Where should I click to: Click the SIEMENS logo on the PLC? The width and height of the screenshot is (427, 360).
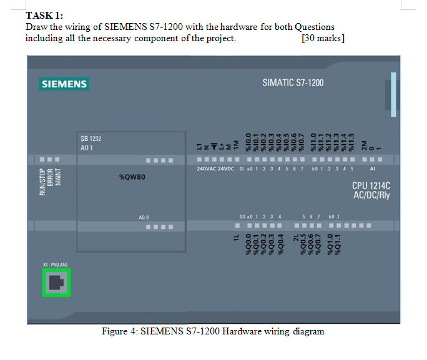click(x=64, y=84)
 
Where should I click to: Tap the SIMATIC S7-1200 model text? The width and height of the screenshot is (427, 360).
click(x=293, y=83)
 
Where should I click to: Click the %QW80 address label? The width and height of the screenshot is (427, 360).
click(x=132, y=177)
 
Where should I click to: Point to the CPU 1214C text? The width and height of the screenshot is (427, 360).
click(x=371, y=186)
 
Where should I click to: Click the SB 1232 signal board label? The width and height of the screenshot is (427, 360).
click(x=91, y=139)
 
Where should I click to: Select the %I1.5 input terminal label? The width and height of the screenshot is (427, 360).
click(x=351, y=141)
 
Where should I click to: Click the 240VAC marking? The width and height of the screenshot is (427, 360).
click(x=207, y=168)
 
